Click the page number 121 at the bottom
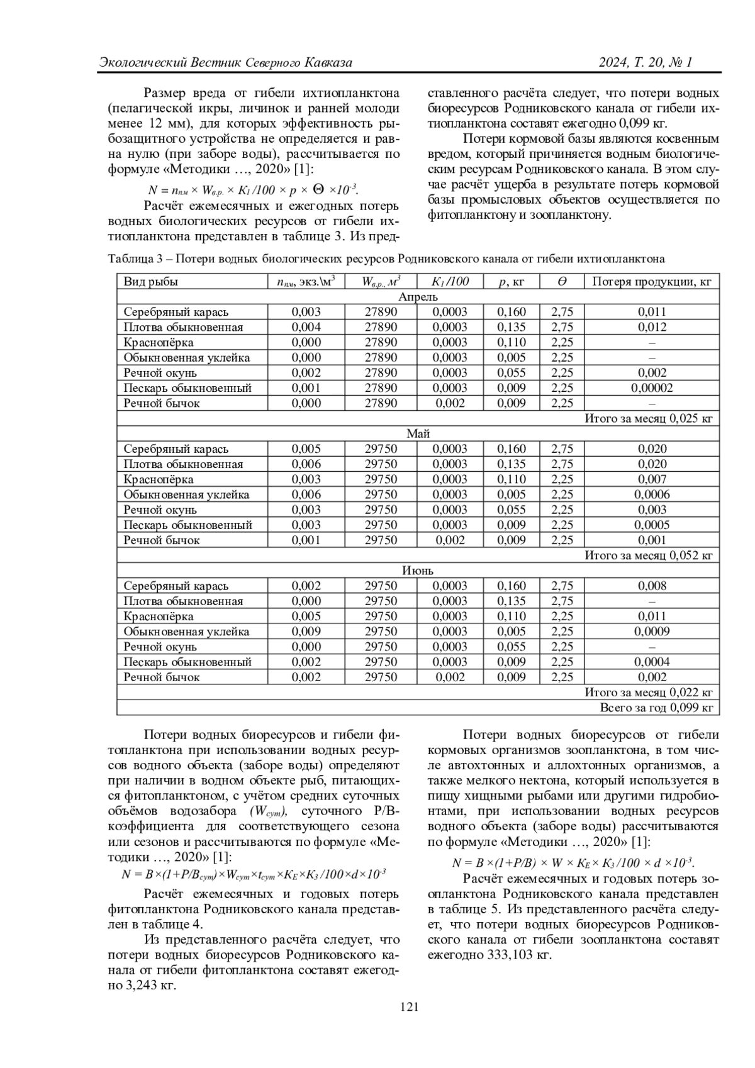pyautogui.click(x=409, y=1007)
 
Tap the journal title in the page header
pyautogui.click(x=225, y=62)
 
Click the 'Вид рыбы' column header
pyautogui.click(x=151, y=281)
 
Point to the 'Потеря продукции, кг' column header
pyautogui.click(x=652, y=281)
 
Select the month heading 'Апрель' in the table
pyautogui.click(x=418, y=296)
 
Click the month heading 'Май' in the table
pyautogui.click(x=418, y=433)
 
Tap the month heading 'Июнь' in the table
pyautogui.click(x=418, y=570)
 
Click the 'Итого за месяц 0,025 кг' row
pyautogui.click(x=649, y=418)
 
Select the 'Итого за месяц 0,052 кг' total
pyautogui.click(x=649, y=555)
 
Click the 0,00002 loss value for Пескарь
pyautogui.click(x=652, y=388)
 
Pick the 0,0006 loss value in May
pyautogui.click(x=652, y=494)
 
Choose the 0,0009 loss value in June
pyautogui.click(x=652, y=631)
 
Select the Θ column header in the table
pyautogui.click(x=562, y=281)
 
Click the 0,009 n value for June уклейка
pyautogui.click(x=306, y=631)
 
